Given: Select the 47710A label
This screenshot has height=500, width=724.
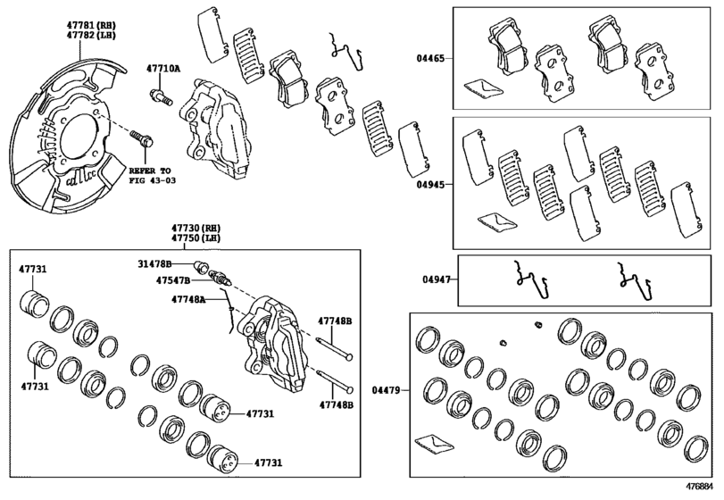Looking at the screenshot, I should click(163, 68).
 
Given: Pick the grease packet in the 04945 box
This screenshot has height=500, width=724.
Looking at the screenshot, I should click(492, 219).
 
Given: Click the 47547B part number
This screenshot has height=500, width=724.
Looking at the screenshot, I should click(175, 280).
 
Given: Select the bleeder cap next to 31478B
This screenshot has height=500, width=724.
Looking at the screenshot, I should click(202, 265).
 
